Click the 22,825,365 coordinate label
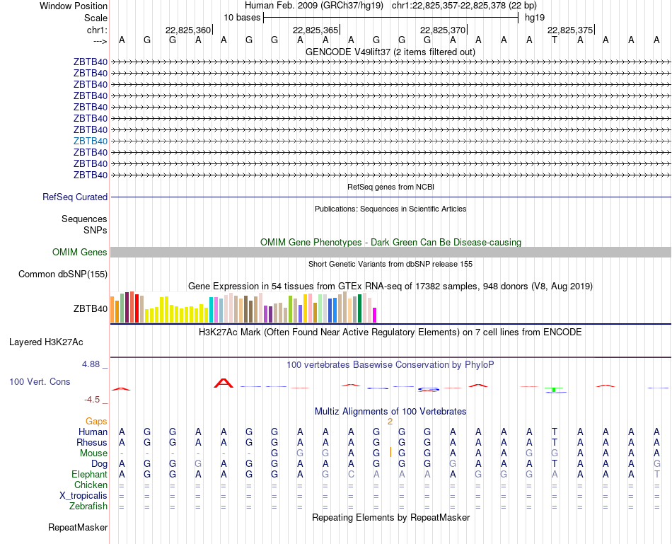point(315,30)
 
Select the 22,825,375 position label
point(570,30)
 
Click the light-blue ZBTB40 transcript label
point(91,141)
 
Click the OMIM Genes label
point(80,252)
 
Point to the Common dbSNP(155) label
point(63,274)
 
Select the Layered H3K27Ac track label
point(46,342)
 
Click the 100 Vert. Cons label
point(40,381)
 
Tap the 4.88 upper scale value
point(92,364)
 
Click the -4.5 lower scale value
point(93,399)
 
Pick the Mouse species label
point(93,453)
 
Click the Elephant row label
point(89,474)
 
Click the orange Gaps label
point(96,421)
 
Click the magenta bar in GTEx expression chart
point(375,315)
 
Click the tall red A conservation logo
point(224,383)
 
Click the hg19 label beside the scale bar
point(535,17)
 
